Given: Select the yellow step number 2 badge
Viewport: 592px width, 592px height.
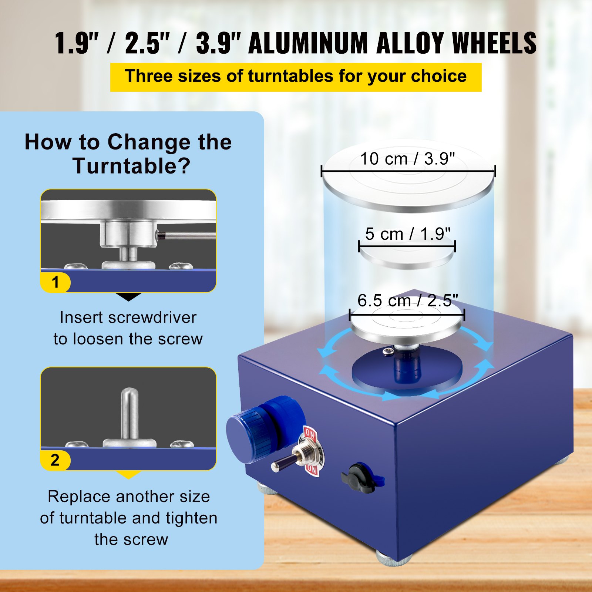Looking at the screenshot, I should point(55,460).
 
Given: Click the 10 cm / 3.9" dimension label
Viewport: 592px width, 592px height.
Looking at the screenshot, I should point(407,159).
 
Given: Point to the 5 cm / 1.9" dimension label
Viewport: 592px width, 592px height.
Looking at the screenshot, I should point(407,234).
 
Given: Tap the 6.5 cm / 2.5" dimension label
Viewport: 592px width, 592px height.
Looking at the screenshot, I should point(407,300).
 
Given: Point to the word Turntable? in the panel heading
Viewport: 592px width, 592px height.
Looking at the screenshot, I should point(131,166).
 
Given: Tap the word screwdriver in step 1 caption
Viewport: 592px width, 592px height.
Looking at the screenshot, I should point(152,317).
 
